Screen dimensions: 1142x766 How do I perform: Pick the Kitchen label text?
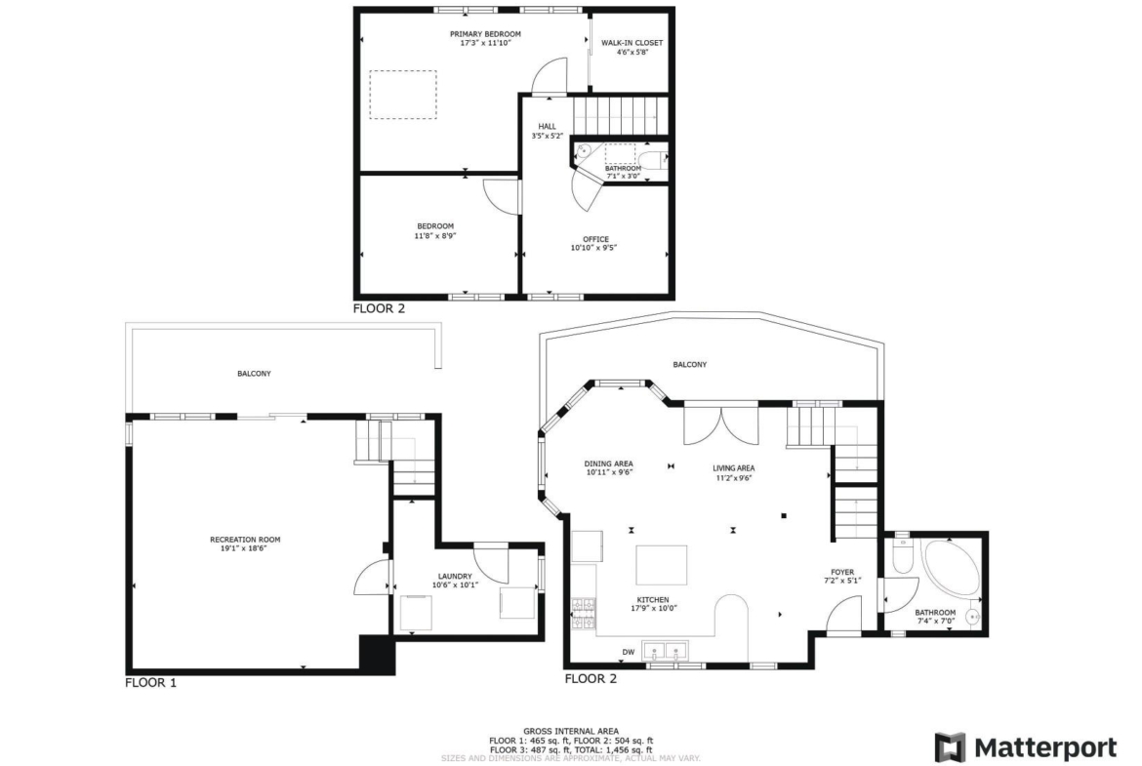pyautogui.click(x=653, y=600)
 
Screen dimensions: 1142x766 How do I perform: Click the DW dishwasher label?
pyautogui.click(x=628, y=652)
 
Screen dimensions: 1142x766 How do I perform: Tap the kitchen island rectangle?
pyautogui.click(x=662, y=565)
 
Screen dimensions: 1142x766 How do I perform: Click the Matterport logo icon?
pyautogui.click(x=950, y=747)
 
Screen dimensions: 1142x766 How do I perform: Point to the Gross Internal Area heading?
pyautogui.click(x=571, y=731)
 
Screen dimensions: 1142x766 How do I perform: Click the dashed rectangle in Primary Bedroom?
pyautogui.click(x=403, y=94)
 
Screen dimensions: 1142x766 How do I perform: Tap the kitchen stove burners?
pyautogui.click(x=583, y=614)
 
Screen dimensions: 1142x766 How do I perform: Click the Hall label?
pyautogui.click(x=547, y=126)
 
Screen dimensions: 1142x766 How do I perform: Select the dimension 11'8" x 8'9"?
pyautogui.click(x=435, y=235)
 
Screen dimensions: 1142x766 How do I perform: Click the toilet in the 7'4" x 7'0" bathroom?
pyautogui.click(x=902, y=556)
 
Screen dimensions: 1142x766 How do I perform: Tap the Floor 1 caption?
pyautogui.click(x=150, y=683)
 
